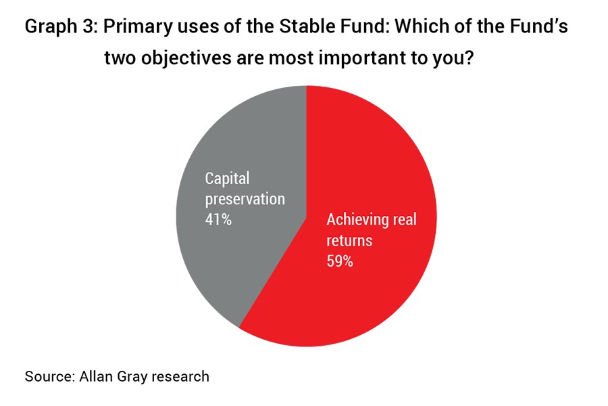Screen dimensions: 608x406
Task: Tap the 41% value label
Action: click(218, 220)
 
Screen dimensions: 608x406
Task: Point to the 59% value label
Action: click(340, 261)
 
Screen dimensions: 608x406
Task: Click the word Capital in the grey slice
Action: click(227, 179)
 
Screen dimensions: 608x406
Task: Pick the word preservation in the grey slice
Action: click(245, 200)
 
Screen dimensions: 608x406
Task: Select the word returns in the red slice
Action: click(349, 240)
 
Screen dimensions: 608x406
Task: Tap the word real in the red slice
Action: click(405, 220)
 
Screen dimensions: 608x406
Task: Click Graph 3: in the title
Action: click(61, 27)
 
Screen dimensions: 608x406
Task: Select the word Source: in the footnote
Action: click(50, 376)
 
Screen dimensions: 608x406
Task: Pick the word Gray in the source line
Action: click(132, 377)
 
